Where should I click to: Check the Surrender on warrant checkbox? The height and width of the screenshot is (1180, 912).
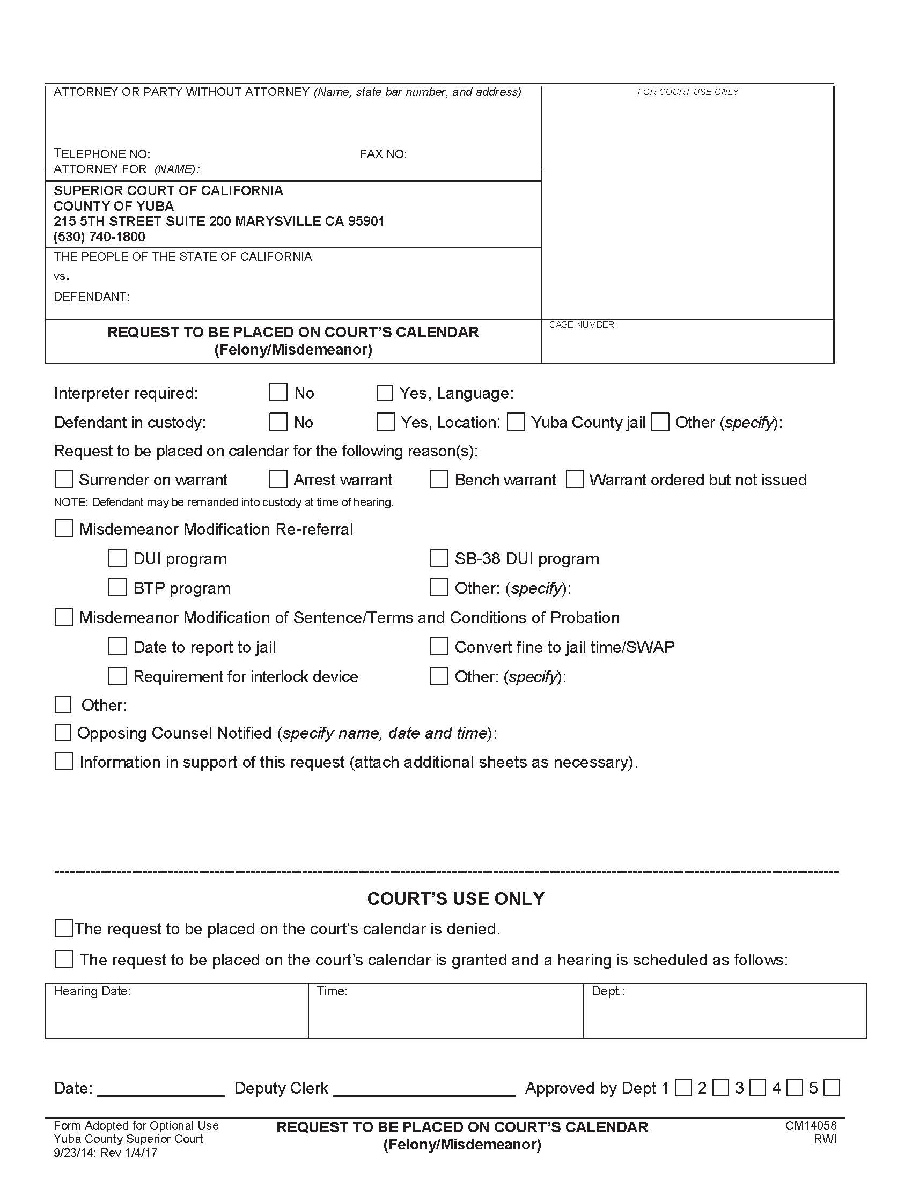64,478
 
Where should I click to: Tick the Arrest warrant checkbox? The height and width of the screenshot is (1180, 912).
278,478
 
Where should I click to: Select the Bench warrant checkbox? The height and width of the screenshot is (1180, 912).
439,478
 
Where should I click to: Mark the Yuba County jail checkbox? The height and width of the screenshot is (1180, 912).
516,422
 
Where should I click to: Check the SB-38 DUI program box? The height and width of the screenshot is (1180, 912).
439,558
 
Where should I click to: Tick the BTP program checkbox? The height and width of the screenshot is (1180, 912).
117,587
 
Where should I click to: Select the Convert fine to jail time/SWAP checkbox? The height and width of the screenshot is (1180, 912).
439,646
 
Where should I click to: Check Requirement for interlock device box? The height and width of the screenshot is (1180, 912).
117,676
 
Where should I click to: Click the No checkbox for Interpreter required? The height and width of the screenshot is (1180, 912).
278,392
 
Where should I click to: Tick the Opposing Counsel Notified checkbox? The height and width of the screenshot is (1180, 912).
63,733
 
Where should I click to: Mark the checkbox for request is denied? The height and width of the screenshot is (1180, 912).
64,928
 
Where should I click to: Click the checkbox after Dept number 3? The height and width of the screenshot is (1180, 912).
758,1088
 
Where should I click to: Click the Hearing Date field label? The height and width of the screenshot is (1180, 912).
92,991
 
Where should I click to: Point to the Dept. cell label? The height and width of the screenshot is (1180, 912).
608,991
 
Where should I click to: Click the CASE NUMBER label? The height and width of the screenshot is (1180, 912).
583,324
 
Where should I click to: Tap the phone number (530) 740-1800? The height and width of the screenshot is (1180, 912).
99,237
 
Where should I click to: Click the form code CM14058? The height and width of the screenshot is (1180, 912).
811,1125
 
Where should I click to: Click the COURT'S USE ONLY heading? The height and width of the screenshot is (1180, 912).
456,898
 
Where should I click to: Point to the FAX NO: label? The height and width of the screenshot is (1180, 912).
383,154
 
